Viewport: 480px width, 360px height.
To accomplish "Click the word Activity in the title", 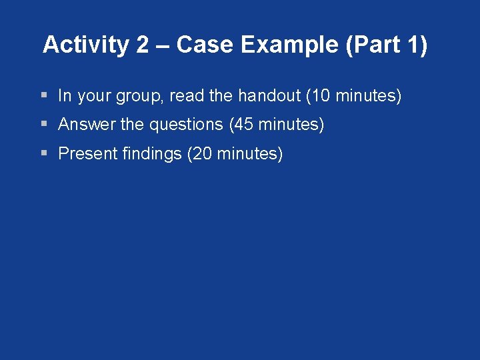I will pos(86,45).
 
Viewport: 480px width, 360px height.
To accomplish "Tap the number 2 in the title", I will pos(142,45).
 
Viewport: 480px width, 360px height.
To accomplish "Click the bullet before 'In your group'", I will pos(43,96).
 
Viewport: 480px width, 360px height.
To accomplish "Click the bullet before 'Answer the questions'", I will pos(43,125).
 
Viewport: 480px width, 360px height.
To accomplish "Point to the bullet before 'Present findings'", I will pos(43,154).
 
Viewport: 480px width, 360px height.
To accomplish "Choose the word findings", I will pos(151,154).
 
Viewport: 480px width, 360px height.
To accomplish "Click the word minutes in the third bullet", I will pos(247,154).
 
